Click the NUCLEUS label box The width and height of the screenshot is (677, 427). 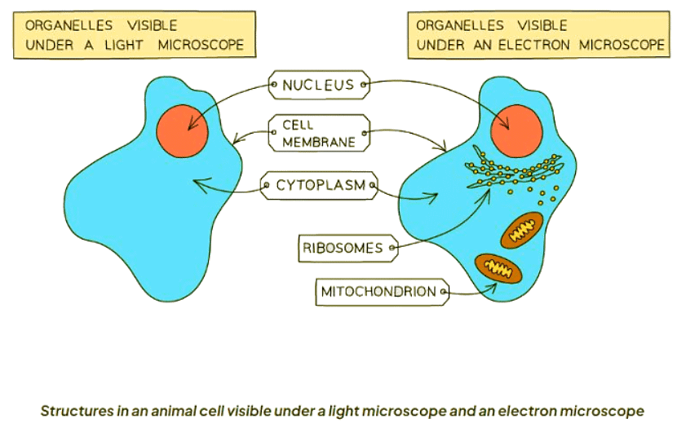(319, 85)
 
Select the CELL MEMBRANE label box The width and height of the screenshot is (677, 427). (319, 133)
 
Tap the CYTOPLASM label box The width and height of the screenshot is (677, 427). (320, 186)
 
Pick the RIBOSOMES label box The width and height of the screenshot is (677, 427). (348, 248)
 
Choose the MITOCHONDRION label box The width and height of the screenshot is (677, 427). (383, 292)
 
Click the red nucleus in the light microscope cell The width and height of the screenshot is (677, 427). (182, 130)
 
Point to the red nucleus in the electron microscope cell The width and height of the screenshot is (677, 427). (517, 130)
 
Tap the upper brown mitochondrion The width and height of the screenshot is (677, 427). (522, 230)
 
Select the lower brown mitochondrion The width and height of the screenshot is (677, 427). (498, 268)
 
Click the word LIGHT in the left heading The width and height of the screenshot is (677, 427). (123, 45)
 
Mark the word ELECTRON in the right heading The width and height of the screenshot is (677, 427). (534, 45)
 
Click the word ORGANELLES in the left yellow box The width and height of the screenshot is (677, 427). (69, 25)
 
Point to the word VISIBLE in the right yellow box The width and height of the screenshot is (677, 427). (542, 25)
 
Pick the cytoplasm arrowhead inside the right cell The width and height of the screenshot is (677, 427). (433, 197)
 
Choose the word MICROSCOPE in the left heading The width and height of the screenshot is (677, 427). (201, 45)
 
